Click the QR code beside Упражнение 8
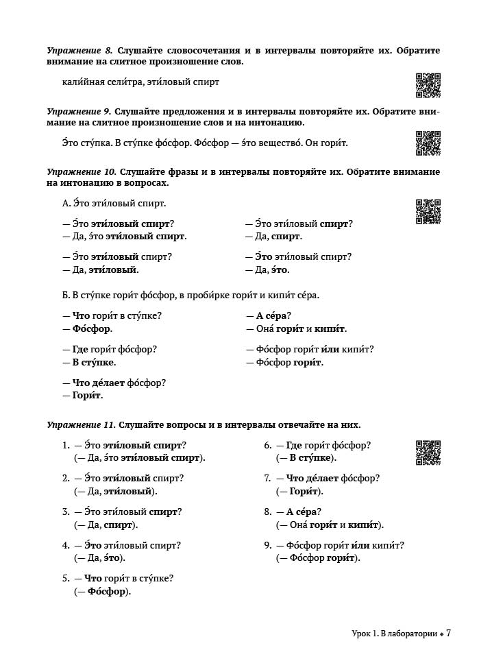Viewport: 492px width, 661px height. tap(428, 86)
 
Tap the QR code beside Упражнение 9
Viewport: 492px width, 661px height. tap(428, 143)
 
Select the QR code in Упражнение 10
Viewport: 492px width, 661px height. tap(428, 211)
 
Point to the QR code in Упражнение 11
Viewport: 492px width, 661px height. tap(428, 453)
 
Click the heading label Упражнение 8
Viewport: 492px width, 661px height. tap(79, 51)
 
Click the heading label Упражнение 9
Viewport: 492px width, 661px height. tap(79, 112)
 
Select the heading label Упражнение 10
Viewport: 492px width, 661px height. tap(82, 172)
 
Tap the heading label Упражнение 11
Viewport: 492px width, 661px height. tap(82, 425)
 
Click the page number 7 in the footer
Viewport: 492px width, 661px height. tap(448, 633)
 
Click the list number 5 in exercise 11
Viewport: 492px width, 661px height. tap(66, 579)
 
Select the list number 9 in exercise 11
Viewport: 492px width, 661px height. tap(268, 546)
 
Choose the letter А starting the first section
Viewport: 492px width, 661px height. tap(65, 204)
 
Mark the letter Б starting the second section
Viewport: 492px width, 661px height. tap(65, 296)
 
